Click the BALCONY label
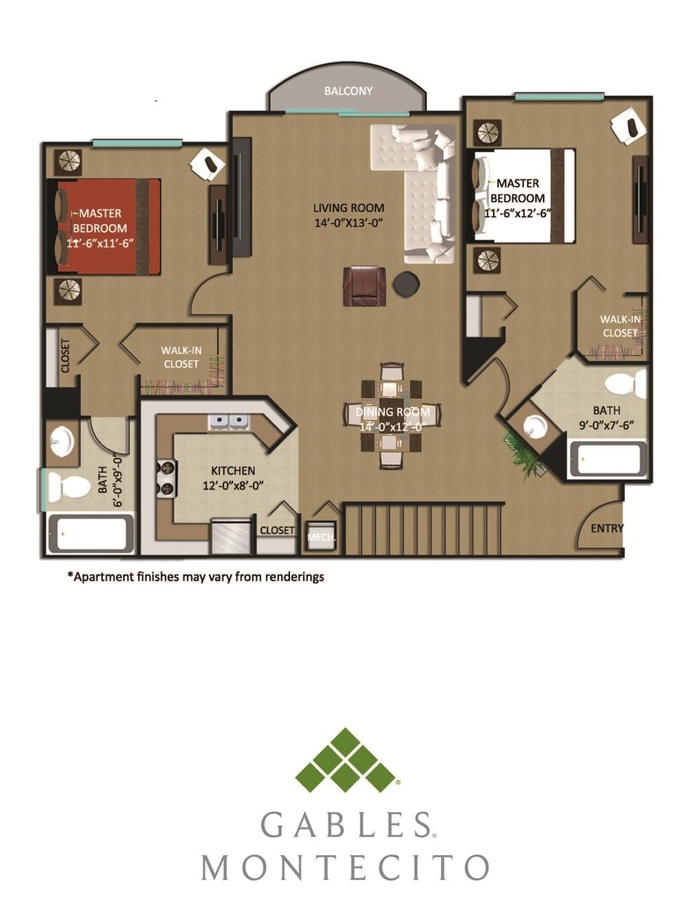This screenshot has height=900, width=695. tap(348, 91)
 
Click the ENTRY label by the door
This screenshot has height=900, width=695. tap(607, 528)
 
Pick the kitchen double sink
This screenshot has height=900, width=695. tap(228, 423)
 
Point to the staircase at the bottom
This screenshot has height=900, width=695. tap(425, 529)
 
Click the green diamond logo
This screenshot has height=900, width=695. tap(346, 761)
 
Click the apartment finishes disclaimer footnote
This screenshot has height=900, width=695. tap(196, 577)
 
